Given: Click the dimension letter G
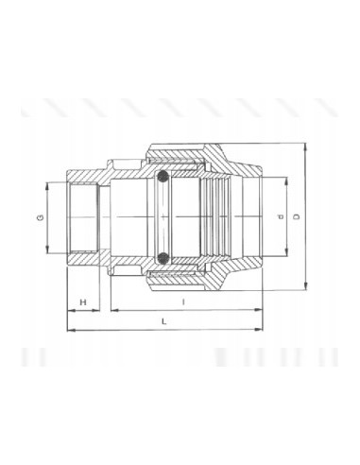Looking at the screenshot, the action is [x=41, y=217].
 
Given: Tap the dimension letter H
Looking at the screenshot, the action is [x=83, y=302].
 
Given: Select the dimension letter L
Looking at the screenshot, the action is [x=163, y=321].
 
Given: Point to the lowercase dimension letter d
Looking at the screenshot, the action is [x=282, y=216].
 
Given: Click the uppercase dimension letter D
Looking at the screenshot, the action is [x=296, y=216].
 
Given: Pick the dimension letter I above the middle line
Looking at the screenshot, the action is [x=183, y=302].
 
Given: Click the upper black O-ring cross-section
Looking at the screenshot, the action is [x=163, y=177].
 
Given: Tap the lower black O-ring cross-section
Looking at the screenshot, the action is [x=163, y=259].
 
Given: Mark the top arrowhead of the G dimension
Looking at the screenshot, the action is [x=47, y=186].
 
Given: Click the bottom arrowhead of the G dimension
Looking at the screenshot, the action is [x=47, y=250].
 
